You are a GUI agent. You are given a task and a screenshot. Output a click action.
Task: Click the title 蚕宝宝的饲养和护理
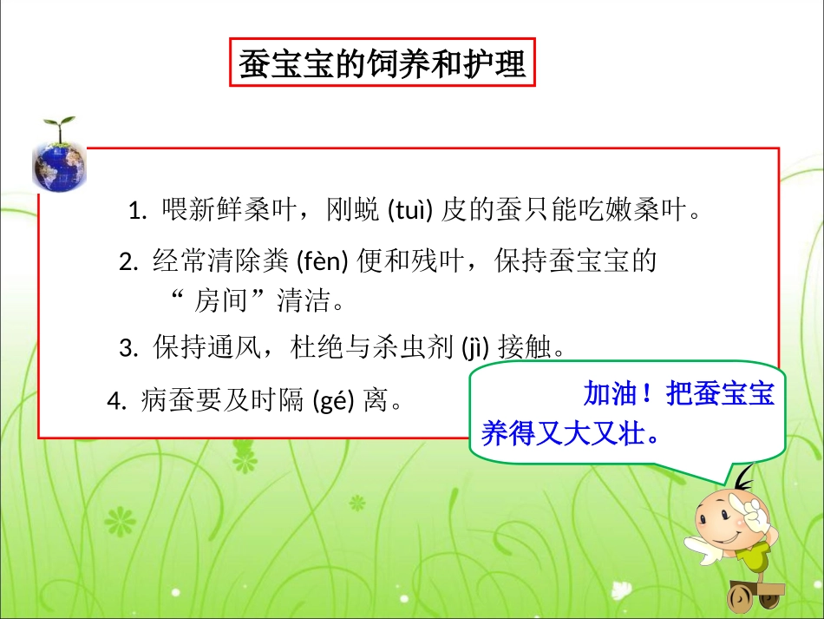point(383,63)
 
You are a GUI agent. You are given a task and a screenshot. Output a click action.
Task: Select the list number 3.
point(127,350)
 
